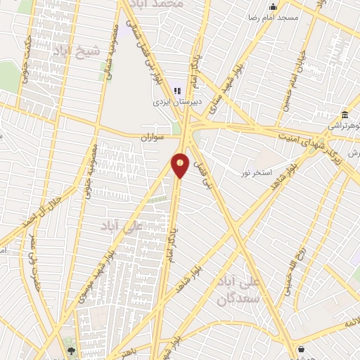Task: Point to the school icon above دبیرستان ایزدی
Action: click(x=178, y=91)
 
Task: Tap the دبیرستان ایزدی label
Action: click(x=179, y=102)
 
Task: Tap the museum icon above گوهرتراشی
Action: click(x=345, y=115)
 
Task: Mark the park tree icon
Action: click(x=71, y=348)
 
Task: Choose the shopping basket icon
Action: click(x=302, y=349)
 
